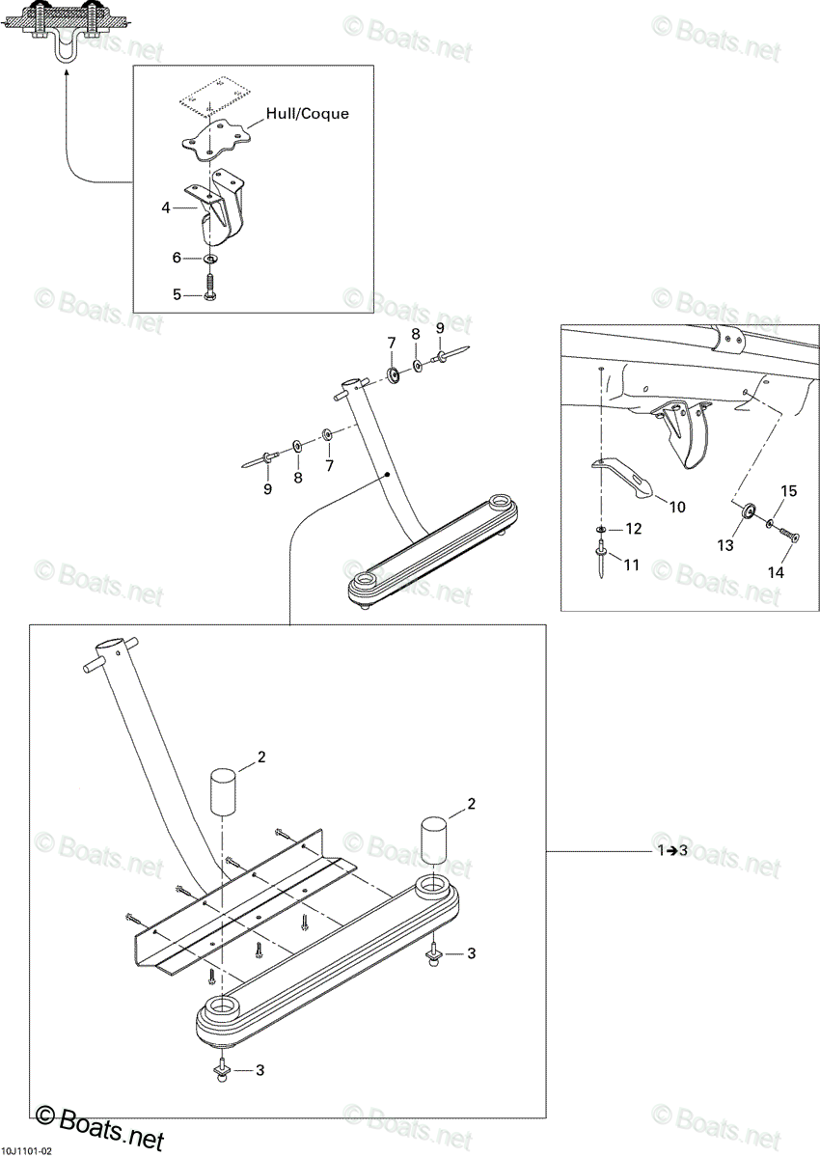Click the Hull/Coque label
[308, 114]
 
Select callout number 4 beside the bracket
[166, 207]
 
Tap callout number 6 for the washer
[177, 257]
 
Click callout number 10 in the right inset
[677, 507]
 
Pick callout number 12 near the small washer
[634, 529]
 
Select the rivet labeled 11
[602, 560]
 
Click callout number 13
[725, 545]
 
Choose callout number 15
[788, 490]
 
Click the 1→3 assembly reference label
[672, 850]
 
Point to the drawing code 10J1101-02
[26, 1147]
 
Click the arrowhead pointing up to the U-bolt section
[67, 75]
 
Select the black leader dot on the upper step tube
[388, 474]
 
